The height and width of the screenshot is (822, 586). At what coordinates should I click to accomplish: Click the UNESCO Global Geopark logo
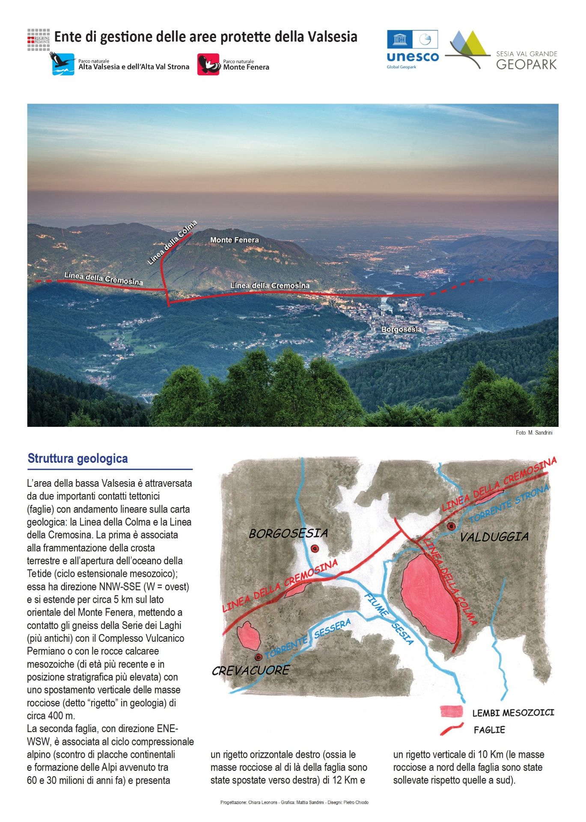[412, 49]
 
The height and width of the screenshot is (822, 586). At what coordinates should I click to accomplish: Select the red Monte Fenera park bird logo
[208, 64]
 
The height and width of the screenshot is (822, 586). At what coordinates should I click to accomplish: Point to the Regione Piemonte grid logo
[39, 40]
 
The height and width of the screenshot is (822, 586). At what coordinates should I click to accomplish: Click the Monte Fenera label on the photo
[234, 240]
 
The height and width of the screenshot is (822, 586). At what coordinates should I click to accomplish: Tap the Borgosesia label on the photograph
[401, 329]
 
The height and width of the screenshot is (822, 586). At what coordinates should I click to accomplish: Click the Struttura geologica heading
[77, 459]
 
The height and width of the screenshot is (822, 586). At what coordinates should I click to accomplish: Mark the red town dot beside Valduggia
[450, 526]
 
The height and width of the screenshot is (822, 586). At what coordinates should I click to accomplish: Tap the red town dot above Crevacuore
[258, 657]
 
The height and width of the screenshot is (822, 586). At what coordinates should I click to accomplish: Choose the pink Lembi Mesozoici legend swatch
[452, 712]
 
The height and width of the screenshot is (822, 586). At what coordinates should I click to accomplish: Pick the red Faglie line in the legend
[452, 728]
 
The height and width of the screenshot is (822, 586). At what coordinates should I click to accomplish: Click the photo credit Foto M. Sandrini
[534, 433]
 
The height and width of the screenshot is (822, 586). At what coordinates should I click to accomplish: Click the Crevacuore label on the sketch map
[250, 671]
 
